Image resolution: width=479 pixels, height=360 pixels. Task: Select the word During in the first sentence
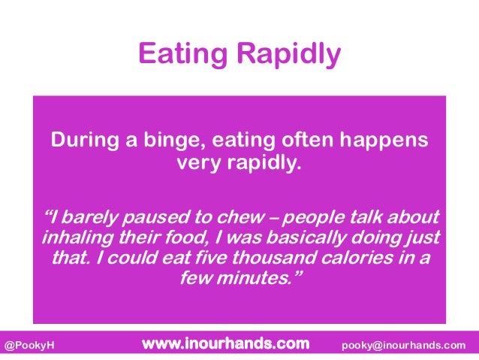(81, 141)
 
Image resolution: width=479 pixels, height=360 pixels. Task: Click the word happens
(388, 142)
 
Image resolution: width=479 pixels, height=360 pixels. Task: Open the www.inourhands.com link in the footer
(225, 344)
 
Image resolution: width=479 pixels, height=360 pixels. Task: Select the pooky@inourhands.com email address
(403, 345)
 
